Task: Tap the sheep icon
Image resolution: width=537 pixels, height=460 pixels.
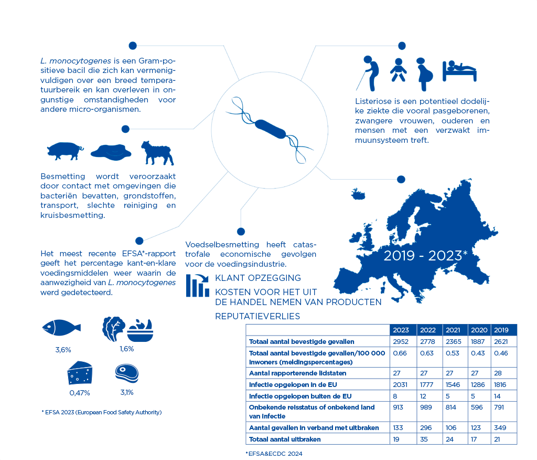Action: [x=157, y=152]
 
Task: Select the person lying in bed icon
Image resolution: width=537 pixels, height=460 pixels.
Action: [x=459, y=70]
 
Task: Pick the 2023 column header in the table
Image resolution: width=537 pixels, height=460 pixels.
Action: [x=401, y=330]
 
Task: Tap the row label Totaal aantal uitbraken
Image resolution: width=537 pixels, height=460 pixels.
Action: [x=285, y=439]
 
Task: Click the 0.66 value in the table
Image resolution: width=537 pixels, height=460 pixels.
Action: [x=400, y=353]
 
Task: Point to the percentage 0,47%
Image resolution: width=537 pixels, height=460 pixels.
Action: [x=80, y=393]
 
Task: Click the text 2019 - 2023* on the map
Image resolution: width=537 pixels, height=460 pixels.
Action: [x=425, y=256]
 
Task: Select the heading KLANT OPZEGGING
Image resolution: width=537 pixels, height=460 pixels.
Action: [x=258, y=278]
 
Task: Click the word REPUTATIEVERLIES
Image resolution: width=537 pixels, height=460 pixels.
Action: [x=257, y=316]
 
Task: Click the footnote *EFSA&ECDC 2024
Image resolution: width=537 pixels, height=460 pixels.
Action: [x=274, y=453]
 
